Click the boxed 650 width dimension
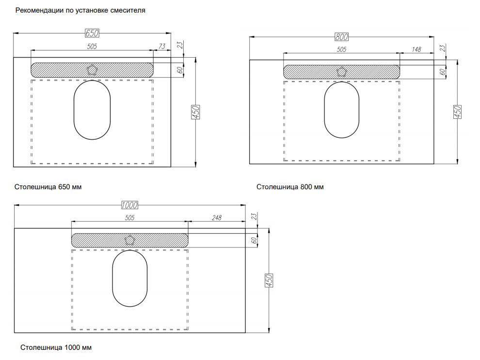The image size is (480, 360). (92, 33)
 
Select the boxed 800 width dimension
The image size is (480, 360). (341, 37)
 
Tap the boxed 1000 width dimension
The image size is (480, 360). (129, 205)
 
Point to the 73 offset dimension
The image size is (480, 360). (162, 46)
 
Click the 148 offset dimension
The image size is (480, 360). (416, 49)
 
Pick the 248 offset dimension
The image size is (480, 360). (217, 217)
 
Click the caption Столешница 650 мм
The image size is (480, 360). (48, 187)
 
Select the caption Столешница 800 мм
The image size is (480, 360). (290, 187)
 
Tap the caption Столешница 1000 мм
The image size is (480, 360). (56, 347)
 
